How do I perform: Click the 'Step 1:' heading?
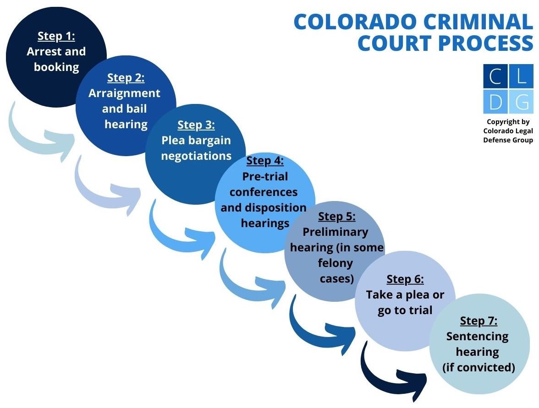coord(56,36)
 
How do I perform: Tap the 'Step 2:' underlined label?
coord(126,78)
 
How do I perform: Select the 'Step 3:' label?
coord(196,125)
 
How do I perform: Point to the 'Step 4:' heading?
coord(265,161)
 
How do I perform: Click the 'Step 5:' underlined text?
coord(336,216)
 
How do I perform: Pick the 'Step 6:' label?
coord(405,279)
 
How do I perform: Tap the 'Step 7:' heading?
coord(478,321)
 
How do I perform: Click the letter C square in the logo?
coord(495,76)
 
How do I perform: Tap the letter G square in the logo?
coord(522,102)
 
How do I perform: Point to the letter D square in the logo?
coord(495,102)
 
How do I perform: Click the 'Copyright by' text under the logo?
coord(508,122)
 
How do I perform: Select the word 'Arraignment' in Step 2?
coord(125,93)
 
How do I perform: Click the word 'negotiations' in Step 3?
coord(196,156)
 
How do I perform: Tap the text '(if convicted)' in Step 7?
coord(478,367)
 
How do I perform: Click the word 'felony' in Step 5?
coord(335,263)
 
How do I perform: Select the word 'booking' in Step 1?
coord(56,67)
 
